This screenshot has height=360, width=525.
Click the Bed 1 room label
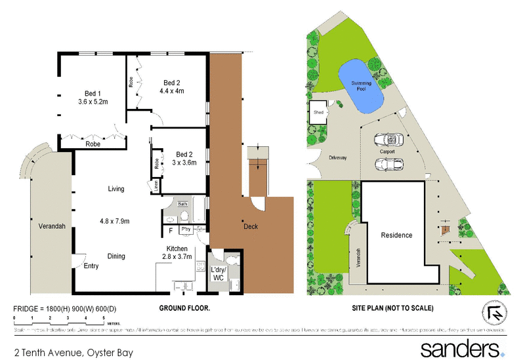tap(93, 93)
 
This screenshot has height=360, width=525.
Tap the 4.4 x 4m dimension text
tap(172, 91)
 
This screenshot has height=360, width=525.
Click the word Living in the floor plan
tap(116, 189)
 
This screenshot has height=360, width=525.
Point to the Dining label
tap(115, 256)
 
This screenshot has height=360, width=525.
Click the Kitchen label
tap(177, 249)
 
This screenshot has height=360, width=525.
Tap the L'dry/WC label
tap(218, 274)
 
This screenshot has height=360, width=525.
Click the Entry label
tap(91, 266)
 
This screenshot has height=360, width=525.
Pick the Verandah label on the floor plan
tap(51, 226)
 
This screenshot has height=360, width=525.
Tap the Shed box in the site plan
tap(319, 112)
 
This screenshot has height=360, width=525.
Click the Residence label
tap(397, 235)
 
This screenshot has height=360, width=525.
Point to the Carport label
tap(387, 151)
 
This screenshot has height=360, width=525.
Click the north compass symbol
tap(493, 314)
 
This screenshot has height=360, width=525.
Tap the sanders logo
tap(461, 347)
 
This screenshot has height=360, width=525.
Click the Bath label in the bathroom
tap(182, 205)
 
